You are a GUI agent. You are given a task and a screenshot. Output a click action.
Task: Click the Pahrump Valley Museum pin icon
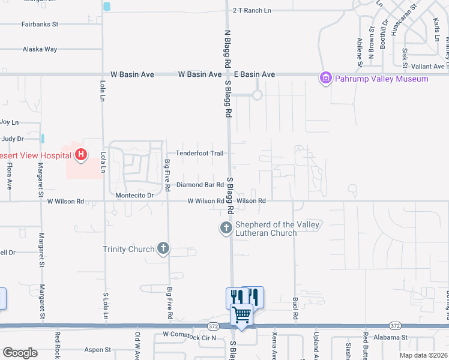[x=326, y=78]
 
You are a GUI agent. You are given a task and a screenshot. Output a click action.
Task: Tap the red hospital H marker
[x=81, y=156]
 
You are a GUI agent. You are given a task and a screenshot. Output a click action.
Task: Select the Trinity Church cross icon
[x=163, y=248]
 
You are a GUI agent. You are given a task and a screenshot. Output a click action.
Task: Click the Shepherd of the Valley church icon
[x=226, y=227]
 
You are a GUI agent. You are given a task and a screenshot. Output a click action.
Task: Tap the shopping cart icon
[x=242, y=314]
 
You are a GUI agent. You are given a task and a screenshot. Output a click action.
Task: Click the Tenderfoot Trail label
[x=199, y=154]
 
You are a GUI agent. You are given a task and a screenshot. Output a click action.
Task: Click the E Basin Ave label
[x=255, y=74]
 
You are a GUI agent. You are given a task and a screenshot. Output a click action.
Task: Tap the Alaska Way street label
[x=40, y=49]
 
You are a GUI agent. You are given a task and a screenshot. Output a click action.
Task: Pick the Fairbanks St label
[x=40, y=25]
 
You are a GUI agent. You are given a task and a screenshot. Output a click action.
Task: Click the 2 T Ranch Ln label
[x=252, y=10]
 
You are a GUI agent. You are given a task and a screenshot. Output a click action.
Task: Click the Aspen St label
[x=98, y=349]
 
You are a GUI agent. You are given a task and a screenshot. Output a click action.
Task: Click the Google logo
[x=19, y=353]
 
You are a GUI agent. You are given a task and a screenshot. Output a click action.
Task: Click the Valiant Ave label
[x=430, y=66]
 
